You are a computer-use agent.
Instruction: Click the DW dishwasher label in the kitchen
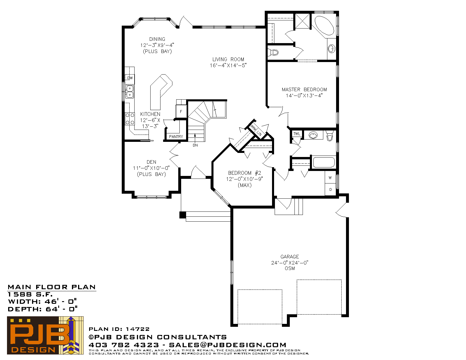(x=130, y=78)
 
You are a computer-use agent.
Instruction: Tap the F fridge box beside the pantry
(x=181, y=111)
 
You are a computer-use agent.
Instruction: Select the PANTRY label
(x=176, y=137)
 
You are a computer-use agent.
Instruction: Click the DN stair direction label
(x=195, y=145)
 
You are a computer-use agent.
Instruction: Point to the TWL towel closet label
(x=297, y=134)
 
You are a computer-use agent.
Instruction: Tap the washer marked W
(x=330, y=178)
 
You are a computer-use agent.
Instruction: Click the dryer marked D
(x=331, y=190)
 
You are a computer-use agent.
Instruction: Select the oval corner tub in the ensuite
(x=324, y=26)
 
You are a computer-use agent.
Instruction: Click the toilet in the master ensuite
(x=273, y=52)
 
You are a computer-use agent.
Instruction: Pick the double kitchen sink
(x=130, y=91)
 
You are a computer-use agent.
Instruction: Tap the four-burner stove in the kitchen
(x=130, y=119)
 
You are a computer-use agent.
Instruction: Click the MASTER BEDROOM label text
(x=304, y=89)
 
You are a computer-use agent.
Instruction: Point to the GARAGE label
(x=290, y=257)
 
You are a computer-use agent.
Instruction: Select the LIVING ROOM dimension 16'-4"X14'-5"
(x=228, y=66)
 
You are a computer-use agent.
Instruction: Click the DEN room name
(x=151, y=162)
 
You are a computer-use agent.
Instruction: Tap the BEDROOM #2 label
(x=245, y=173)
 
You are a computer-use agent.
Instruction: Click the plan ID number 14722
(x=137, y=329)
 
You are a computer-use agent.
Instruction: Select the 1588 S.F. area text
(x=30, y=294)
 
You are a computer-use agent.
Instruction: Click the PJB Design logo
(x=45, y=335)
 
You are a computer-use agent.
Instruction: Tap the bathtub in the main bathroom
(x=324, y=162)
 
